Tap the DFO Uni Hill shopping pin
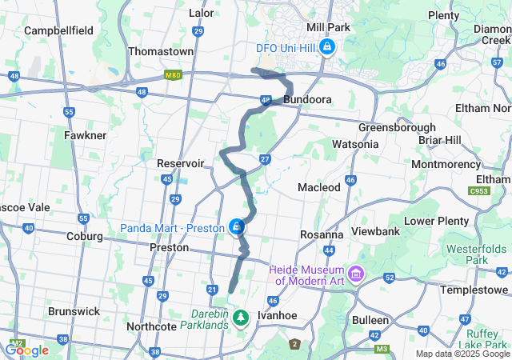pyautogui.click(x=326, y=48)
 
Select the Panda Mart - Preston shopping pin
pyautogui.click(x=236, y=228)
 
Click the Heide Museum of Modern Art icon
pyautogui.click(x=354, y=275)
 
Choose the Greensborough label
pyautogui.click(x=397, y=127)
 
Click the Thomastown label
pyautogui.click(x=162, y=51)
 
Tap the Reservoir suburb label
pyautogui.click(x=181, y=163)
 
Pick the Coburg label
pyautogui.click(x=85, y=237)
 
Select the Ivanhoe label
pyautogui.click(x=277, y=316)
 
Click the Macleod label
pyautogui.click(x=318, y=187)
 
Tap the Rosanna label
pyautogui.click(x=322, y=235)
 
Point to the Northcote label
pyautogui.click(x=152, y=327)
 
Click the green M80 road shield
pyautogui.click(x=174, y=75)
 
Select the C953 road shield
pyautogui.click(x=480, y=190)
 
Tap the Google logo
pyautogui.click(x=26, y=350)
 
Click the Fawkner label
pyautogui.click(x=86, y=136)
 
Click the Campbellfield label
pyautogui.click(x=58, y=30)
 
